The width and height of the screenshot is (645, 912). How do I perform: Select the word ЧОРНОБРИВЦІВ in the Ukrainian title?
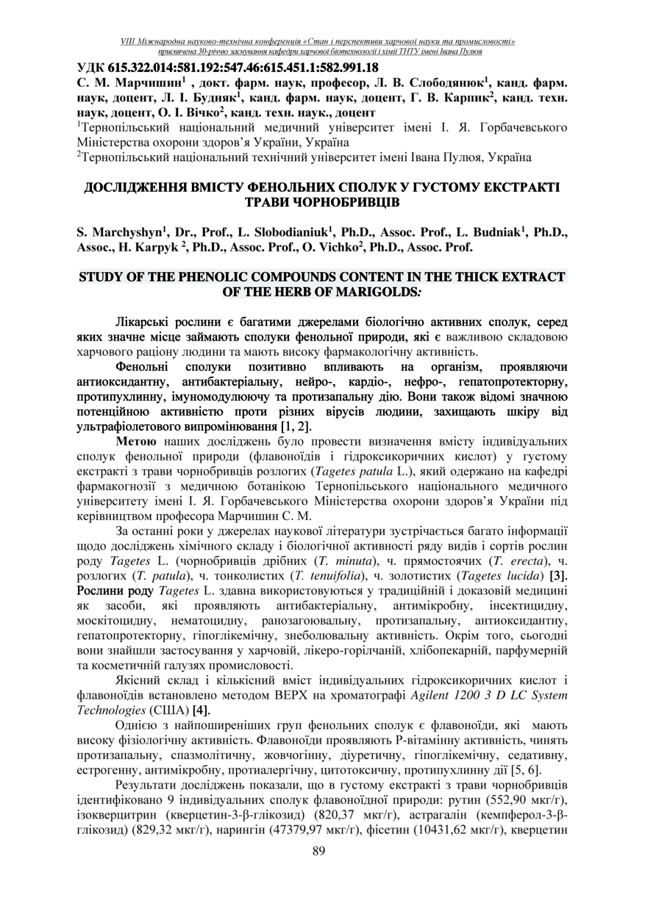[x=321, y=202]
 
